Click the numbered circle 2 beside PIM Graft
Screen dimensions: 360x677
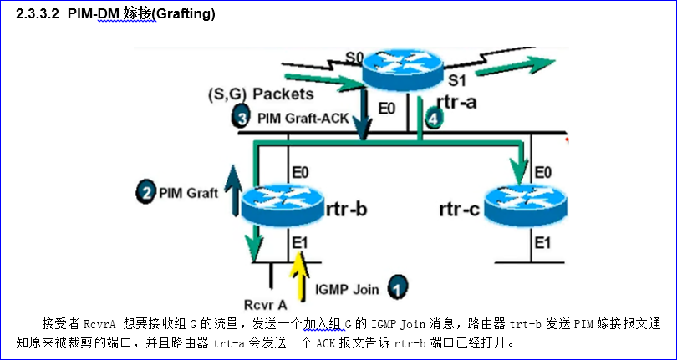[x=145, y=193]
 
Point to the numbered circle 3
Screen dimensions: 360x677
[x=242, y=118]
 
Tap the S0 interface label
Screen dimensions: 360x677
[x=355, y=58]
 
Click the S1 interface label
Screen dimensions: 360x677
[x=456, y=81]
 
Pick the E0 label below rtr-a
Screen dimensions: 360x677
[x=387, y=109]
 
